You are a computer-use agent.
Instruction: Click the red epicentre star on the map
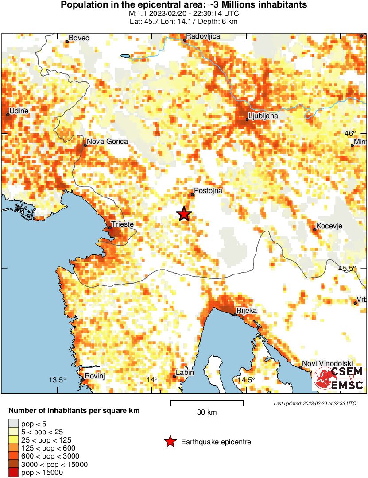[x=184, y=214]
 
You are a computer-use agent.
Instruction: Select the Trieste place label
[x=123, y=224]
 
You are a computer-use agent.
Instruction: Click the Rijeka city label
[x=247, y=311]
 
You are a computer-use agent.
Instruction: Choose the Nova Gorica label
[x=107, y=142]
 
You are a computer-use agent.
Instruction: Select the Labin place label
[x=185, y=373]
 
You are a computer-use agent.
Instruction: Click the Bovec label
[x=80, y=38]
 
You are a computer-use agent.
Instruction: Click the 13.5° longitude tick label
[x=57, y=380]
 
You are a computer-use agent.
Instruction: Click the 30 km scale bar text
[x=207, y=412]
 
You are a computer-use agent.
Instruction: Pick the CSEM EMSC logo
[x=339, y=378]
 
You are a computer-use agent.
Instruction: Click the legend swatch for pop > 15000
[x=13, y=472]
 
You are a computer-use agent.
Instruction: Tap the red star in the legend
[x=170, y=442]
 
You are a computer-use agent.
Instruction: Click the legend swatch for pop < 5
[x=13, y=424]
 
